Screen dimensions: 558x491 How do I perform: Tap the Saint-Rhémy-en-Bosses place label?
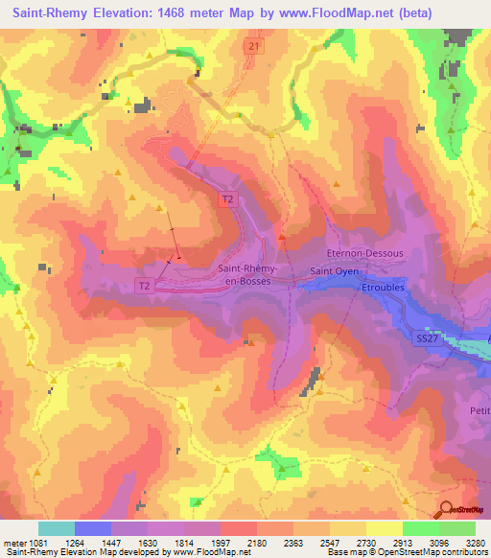pos(250,275)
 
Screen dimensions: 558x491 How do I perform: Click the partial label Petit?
pos(479,411)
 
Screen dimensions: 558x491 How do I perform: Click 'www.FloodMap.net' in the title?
pos(338,12)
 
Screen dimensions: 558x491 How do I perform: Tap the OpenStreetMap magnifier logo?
pos(447,510)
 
